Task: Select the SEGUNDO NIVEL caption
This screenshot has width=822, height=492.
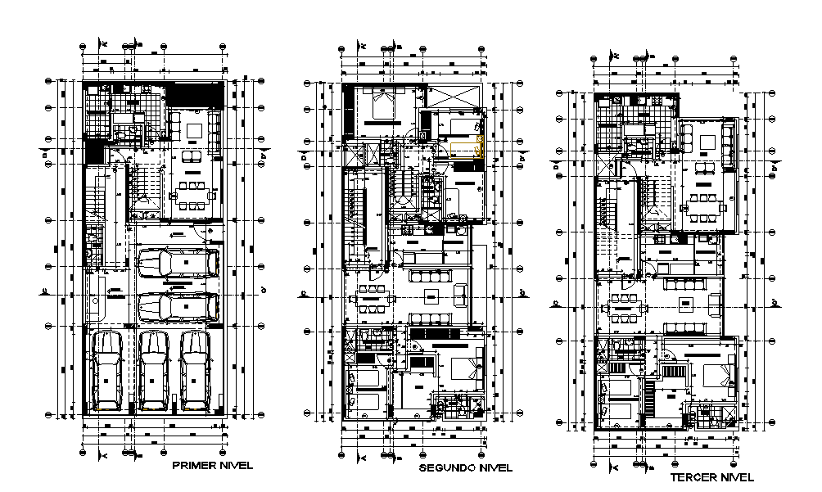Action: coord(465,468)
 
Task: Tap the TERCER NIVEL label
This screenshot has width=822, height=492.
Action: coord(711,476)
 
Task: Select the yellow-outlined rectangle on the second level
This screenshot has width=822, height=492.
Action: coord(467,151)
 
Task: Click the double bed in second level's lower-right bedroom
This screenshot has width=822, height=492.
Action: coord(464,366)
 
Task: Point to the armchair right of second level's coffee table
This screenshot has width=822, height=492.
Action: coord(460,293)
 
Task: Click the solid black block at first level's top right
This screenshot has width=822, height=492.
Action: coord(195,93)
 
